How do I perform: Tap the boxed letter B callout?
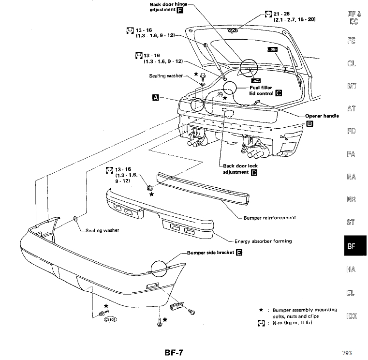[x=310, y=123]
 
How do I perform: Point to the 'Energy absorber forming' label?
[x=263, y=241]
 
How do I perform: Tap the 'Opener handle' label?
[x=322, y=116]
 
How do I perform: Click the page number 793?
[x=346, y=353]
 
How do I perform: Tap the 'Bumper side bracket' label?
[x=210, y=252]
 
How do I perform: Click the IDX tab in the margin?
[x=352, y=316]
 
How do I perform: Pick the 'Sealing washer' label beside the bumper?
[x=102, y=230]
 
